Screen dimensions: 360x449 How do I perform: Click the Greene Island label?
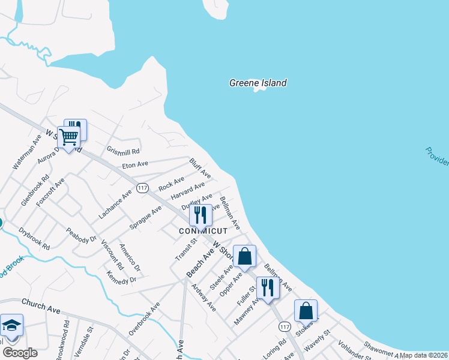[x=258, y=83]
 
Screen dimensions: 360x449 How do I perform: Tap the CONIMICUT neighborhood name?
[x=203, y=231]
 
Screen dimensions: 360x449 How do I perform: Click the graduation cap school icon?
[x=11, y=326]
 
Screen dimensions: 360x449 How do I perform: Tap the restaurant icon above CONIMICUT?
[x=200, y=215]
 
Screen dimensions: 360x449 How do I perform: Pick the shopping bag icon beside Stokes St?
[x=306, y=311]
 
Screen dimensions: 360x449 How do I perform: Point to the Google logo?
[x=19, y=353]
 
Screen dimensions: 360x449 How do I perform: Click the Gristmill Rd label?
[x=123, y=151]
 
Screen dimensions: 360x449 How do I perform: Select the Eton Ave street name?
[x=134, y=164]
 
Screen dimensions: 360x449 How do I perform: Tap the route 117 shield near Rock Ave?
[x=142, y=188]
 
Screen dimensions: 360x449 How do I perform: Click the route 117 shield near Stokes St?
[x=285, y=326]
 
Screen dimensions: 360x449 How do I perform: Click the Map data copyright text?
[x=423, y=355]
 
